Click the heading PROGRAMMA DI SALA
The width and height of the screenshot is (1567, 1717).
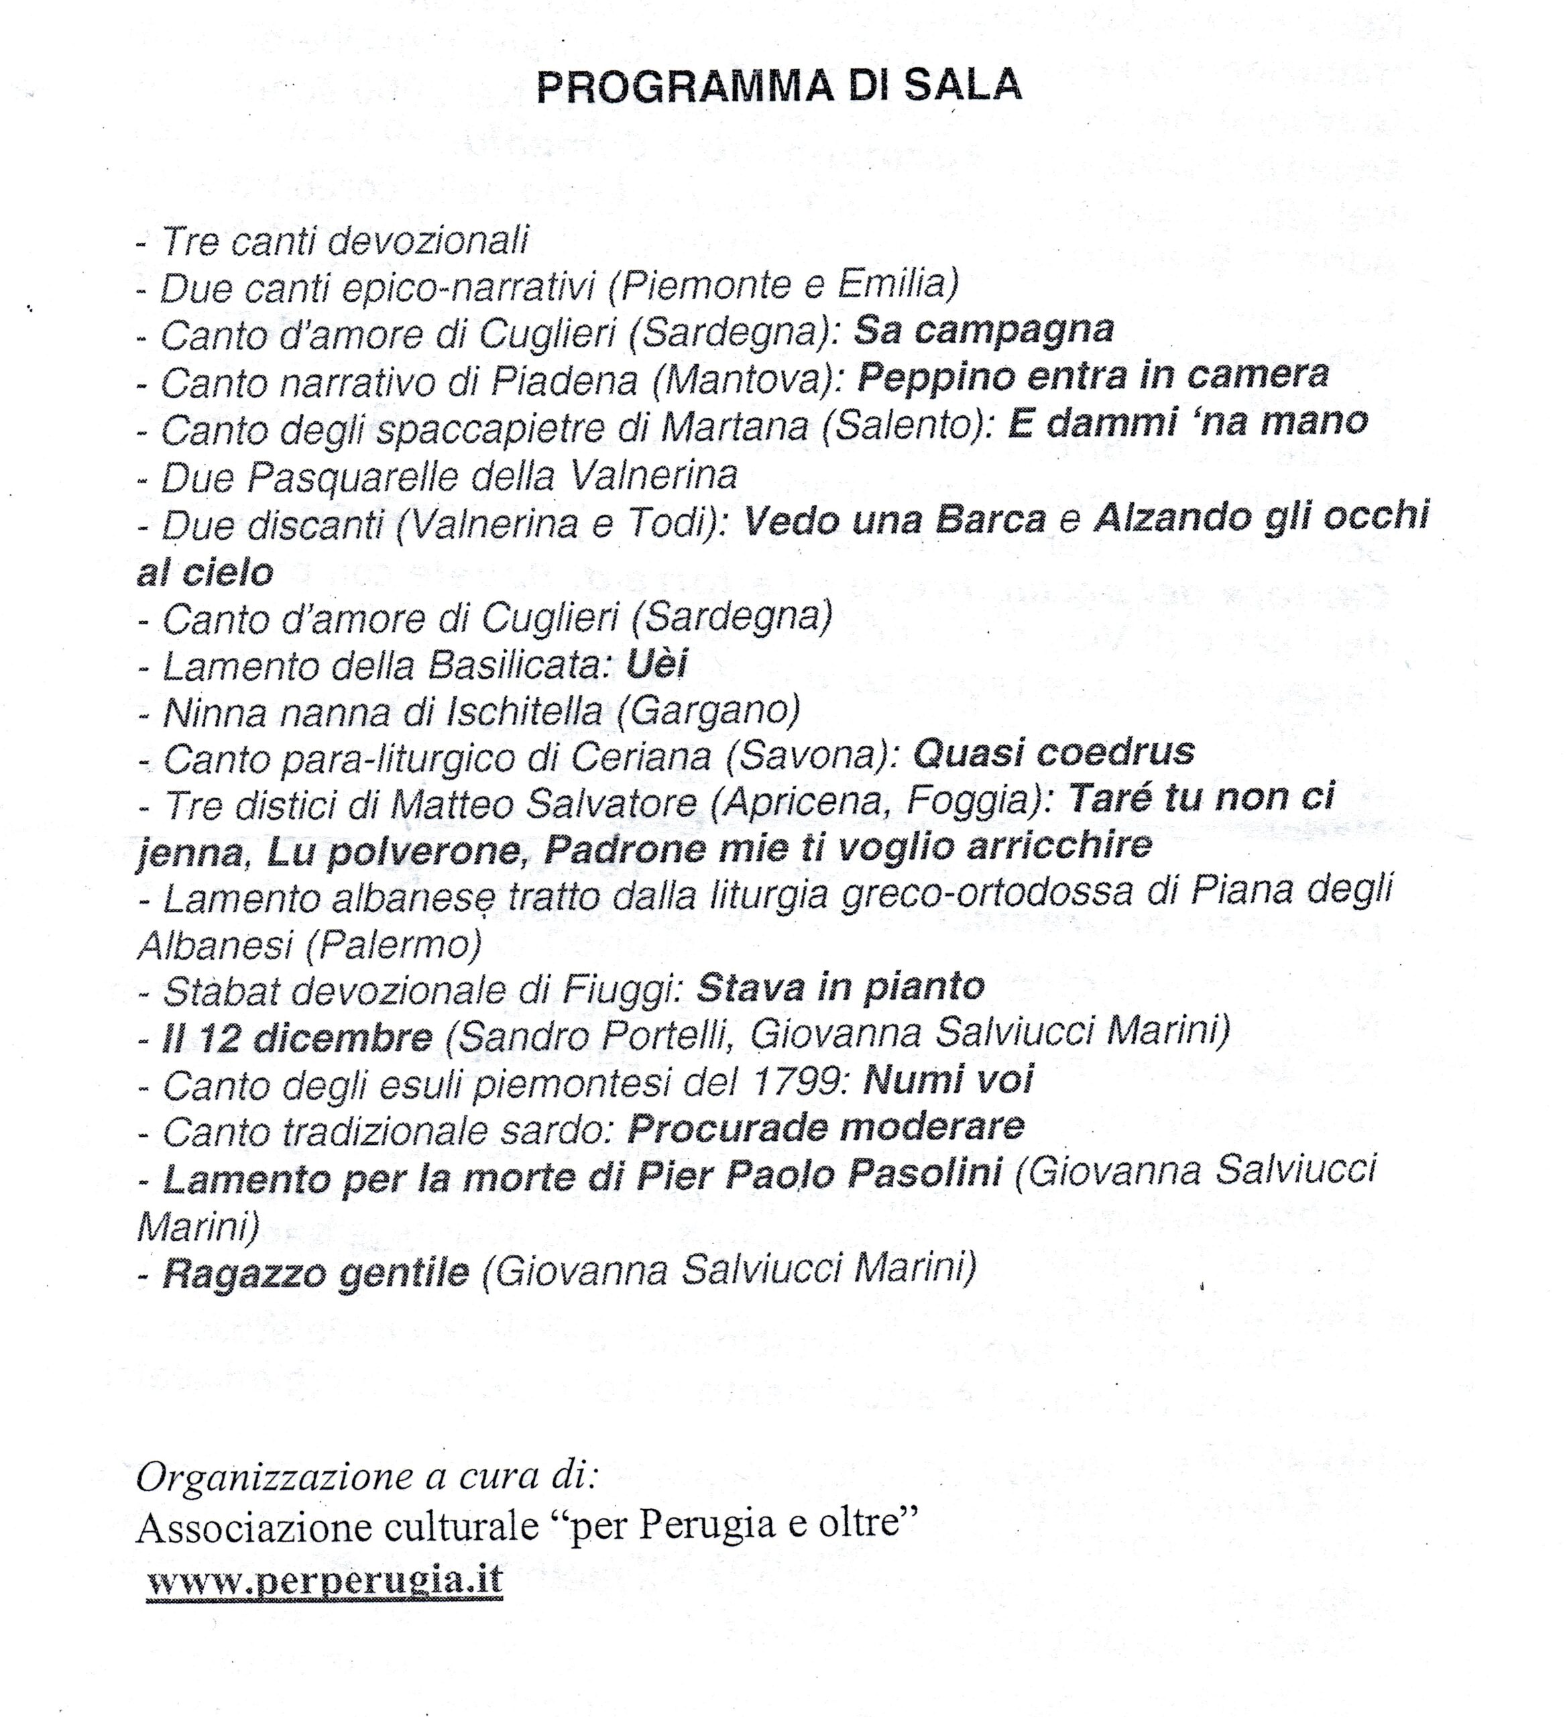tap(778, 86)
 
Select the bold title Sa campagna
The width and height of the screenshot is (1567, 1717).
tap(984, 329)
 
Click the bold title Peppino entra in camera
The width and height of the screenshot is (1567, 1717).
tap(1093, 376)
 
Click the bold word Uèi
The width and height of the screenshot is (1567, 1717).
tap(656, 664)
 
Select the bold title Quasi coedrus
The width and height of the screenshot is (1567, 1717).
tap(1053, 753)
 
